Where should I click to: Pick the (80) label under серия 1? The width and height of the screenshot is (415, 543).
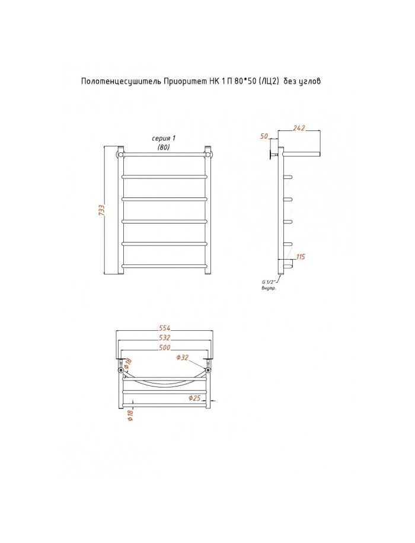click(164, 147)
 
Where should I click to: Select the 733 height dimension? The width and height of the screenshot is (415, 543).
click(101, 211)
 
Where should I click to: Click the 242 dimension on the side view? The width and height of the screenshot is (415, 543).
click(299, 127)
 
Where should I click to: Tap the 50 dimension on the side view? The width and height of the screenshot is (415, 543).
click(264, 136)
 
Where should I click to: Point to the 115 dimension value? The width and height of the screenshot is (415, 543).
click(299, 256)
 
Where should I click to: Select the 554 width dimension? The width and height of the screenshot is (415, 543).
click(164, 328)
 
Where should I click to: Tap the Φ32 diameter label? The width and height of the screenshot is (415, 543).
click(183, 357)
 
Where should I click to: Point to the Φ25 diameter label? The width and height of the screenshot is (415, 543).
click(194, 398)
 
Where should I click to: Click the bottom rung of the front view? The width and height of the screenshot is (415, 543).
click(164, 266)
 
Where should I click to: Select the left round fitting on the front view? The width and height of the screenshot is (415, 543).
click(122, 154)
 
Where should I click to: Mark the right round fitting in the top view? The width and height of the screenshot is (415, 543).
click(208, 370)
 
